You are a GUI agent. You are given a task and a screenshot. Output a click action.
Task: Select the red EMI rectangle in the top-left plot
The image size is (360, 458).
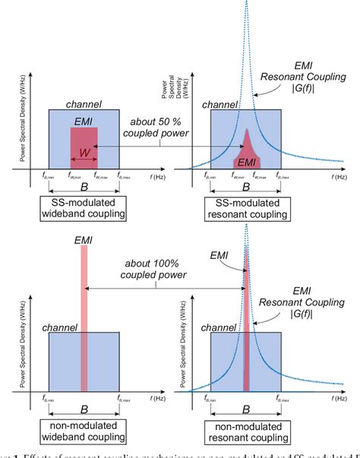[x=84, y=144]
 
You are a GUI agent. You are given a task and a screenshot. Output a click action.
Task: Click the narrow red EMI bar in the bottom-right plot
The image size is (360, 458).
[x=245, y=327]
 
